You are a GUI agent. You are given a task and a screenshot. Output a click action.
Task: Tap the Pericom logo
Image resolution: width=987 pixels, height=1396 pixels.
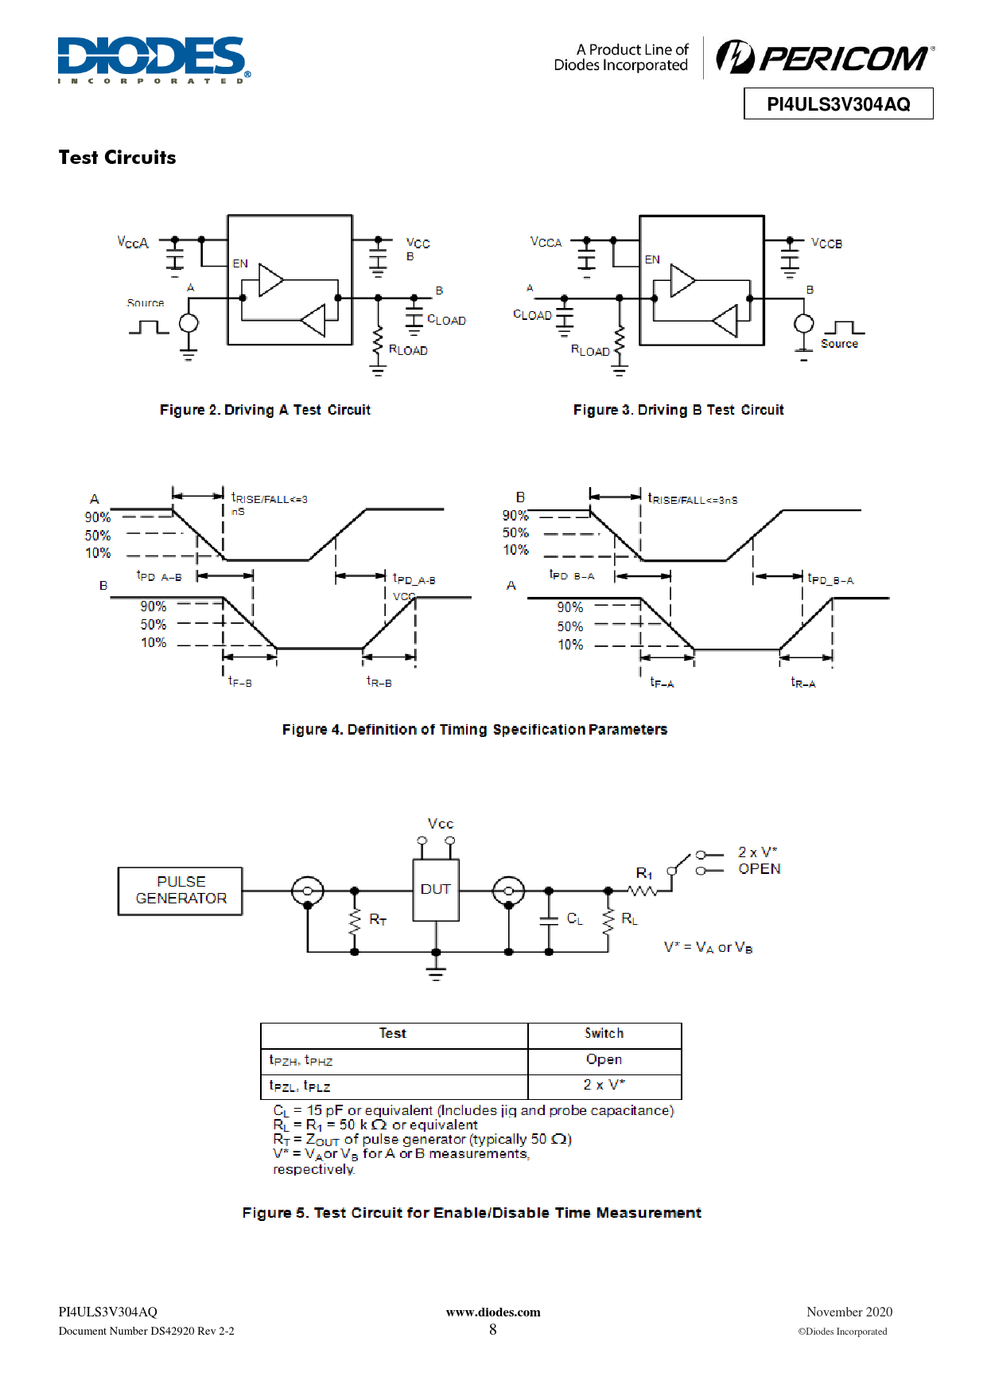click(x=825, y=57)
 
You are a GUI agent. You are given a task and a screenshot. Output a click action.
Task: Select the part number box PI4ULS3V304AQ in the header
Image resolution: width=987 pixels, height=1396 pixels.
click(x=838, y=103)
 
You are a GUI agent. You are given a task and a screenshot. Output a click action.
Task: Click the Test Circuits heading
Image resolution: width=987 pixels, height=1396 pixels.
click(x=117, y=158)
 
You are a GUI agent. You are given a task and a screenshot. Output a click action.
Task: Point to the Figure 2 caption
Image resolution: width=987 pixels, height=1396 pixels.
click(x=265, y=410)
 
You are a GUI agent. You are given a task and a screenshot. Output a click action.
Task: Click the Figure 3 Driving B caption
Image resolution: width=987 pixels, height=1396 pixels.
click(x=678, y=410)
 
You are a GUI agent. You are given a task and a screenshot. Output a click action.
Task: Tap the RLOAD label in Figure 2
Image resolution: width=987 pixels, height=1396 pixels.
click(x=408, y=350)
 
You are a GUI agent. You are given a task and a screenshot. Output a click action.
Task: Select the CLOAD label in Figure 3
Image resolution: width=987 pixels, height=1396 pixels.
click(x=532, y=315)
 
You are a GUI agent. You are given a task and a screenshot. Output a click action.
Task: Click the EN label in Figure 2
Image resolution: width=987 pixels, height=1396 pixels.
click(x=240, y=263)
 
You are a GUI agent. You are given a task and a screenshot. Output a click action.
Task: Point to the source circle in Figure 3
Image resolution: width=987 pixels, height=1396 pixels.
click(x=804, y=323)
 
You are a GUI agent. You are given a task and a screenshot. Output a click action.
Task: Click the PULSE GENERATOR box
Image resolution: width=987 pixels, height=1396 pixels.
click(x=181, y=891)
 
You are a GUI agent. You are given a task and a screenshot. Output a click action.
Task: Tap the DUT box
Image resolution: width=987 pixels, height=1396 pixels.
click(x=436, y=890)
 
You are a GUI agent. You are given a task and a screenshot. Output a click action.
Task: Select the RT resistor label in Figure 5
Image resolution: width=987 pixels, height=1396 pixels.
click(x=378, y=920)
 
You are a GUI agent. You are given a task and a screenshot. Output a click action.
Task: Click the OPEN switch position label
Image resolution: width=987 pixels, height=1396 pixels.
click(x=760, y=869)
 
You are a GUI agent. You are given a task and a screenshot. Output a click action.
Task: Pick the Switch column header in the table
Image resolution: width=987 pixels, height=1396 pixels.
click(x=604, y=1033)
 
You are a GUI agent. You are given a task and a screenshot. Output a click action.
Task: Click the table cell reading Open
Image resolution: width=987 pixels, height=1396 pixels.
click(x=604, y=1060)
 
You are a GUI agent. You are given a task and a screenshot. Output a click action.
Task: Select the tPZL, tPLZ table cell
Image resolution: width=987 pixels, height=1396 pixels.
click(x=394, y=1087)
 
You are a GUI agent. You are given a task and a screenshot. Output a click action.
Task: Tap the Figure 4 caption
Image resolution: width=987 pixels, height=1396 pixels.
click(x=475, y=730)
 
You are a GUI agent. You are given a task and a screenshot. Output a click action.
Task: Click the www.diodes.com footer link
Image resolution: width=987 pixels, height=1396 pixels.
click(x=493, y=1312)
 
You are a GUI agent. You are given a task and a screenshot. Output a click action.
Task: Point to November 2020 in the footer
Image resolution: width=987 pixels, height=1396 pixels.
click(x=849, y=1312)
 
